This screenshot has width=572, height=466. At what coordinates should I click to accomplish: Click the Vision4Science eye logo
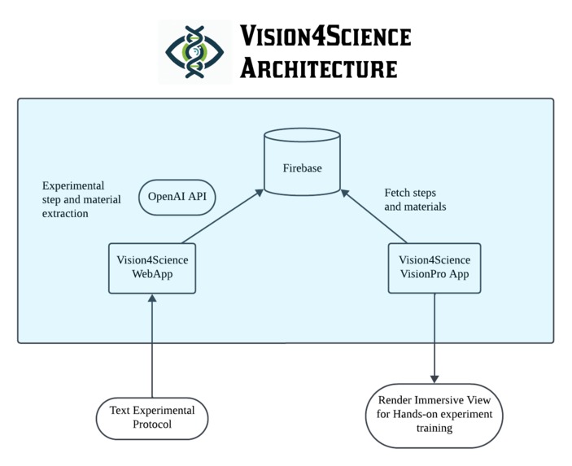click(194, 52)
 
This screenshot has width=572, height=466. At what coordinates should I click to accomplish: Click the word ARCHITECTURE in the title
click(318, 68)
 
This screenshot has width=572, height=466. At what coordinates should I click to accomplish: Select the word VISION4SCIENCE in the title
click(325, 36)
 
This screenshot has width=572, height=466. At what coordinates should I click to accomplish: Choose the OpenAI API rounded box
click(177, 197)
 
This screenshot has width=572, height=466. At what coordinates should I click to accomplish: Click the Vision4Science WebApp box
click(152, 268)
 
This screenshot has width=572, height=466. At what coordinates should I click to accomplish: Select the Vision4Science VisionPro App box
click(434, 268)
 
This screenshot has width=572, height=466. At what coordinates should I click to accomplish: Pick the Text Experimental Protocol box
click(152, 417)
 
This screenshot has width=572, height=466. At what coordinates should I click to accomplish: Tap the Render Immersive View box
click(434, 414)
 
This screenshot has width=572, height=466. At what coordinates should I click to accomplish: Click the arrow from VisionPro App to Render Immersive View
click(434, 333)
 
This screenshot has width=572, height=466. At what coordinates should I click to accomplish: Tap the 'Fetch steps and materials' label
click(415, 200)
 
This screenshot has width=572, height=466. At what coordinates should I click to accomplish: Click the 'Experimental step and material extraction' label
click(81, 199)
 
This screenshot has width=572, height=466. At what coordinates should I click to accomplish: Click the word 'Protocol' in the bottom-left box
click(152, 425)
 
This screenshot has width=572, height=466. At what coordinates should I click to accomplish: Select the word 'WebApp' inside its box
click(152, 275)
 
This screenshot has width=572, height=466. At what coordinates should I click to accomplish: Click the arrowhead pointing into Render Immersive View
click(434, 377)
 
